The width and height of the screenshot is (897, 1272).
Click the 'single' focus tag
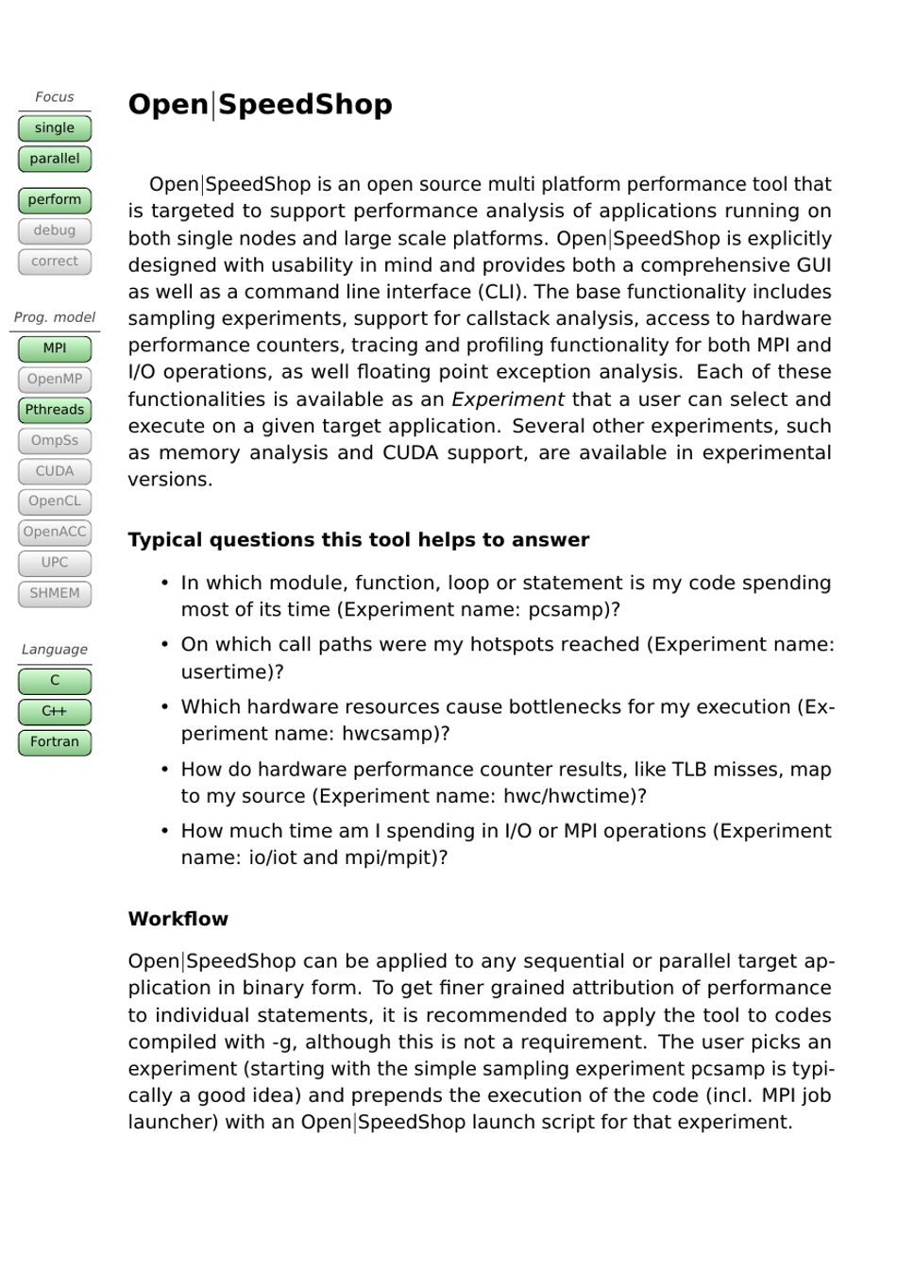pyautogui.click(x=55, y=128)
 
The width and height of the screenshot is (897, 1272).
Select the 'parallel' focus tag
pyautogui.click(x=55, y=159)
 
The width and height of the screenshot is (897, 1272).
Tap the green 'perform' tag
pyautogui.click(x=55, y=200)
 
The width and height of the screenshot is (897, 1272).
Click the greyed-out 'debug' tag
pyautogui.click(x=55, y=230)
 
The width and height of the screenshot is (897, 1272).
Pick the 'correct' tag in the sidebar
pyautogui.click(x=55, y=262)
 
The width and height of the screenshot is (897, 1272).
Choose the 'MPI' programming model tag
pyautogui.click(x=55, y=348)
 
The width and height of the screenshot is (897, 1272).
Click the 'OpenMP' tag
pyautogui.click(x=55, y=380)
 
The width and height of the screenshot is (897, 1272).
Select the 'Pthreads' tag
pyautogui.click(x=55, y=410)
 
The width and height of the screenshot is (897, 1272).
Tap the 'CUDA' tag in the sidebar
pyautogui.click(x=55, y=471)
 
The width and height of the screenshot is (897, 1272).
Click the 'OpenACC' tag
pyautogui.click(x=55, y=533)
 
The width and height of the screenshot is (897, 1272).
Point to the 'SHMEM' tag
pyautogui.click(x=55, y=594)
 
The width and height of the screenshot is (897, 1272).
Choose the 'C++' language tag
pyautogui.click(x=55, y=712)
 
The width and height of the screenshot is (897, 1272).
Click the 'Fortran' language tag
pyautogui.click(x=55, y=742)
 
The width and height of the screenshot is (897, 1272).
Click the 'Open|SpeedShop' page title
pyautogui.click(x=260, y=105)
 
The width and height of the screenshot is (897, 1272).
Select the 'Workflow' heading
pyautogui.click(x=178, y=920)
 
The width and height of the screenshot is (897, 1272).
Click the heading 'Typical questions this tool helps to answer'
pyautogui.click(x=359, y=540)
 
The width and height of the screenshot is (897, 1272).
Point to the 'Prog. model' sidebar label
pyautogui.click(x=55, y=317)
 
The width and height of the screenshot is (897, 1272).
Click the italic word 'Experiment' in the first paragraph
pyautogui.click(x=508, y=399)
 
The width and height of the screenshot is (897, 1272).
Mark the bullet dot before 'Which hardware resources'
pyautogui.click(x=165, y=707)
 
